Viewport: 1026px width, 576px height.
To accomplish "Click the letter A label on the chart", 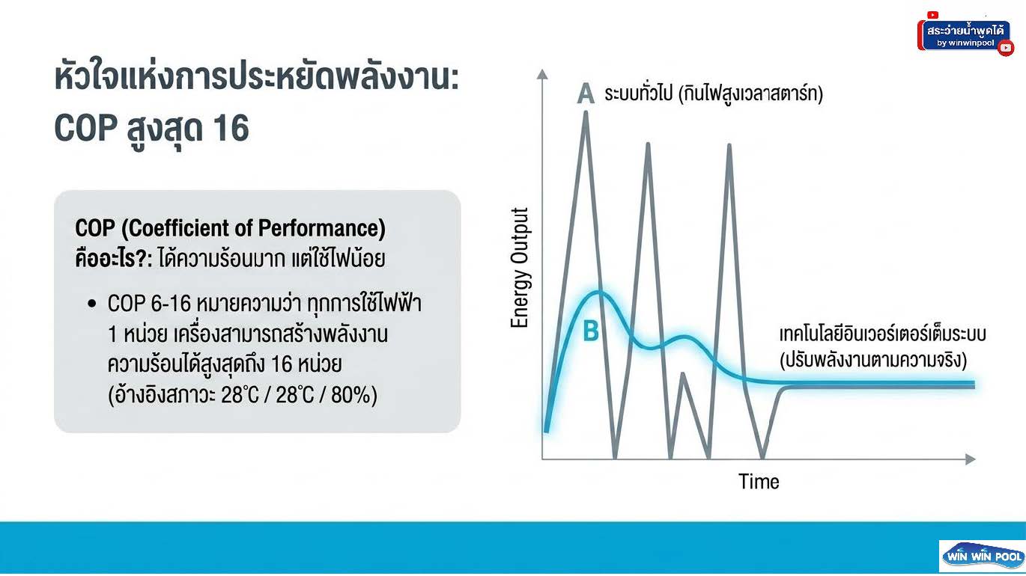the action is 586,94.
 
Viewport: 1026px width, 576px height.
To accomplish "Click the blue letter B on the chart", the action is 591,331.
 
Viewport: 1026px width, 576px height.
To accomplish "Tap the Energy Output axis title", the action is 520,268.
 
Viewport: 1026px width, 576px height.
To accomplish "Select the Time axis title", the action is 759,482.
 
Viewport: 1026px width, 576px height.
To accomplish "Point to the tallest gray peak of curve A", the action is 586,112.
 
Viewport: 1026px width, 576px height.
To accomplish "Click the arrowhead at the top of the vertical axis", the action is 542,74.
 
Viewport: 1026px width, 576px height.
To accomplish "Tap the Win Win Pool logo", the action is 983,557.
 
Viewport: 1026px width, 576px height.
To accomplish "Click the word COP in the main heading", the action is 85,128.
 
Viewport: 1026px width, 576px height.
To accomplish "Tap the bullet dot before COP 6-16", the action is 92,303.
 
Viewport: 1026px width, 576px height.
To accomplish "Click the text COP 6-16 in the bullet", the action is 149,303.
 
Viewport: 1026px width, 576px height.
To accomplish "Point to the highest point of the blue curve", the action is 598,292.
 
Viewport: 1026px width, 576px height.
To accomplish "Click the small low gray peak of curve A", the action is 683,374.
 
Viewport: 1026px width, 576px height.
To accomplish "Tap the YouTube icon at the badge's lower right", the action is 1006,48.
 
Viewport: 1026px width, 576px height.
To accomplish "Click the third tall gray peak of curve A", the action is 729,146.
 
